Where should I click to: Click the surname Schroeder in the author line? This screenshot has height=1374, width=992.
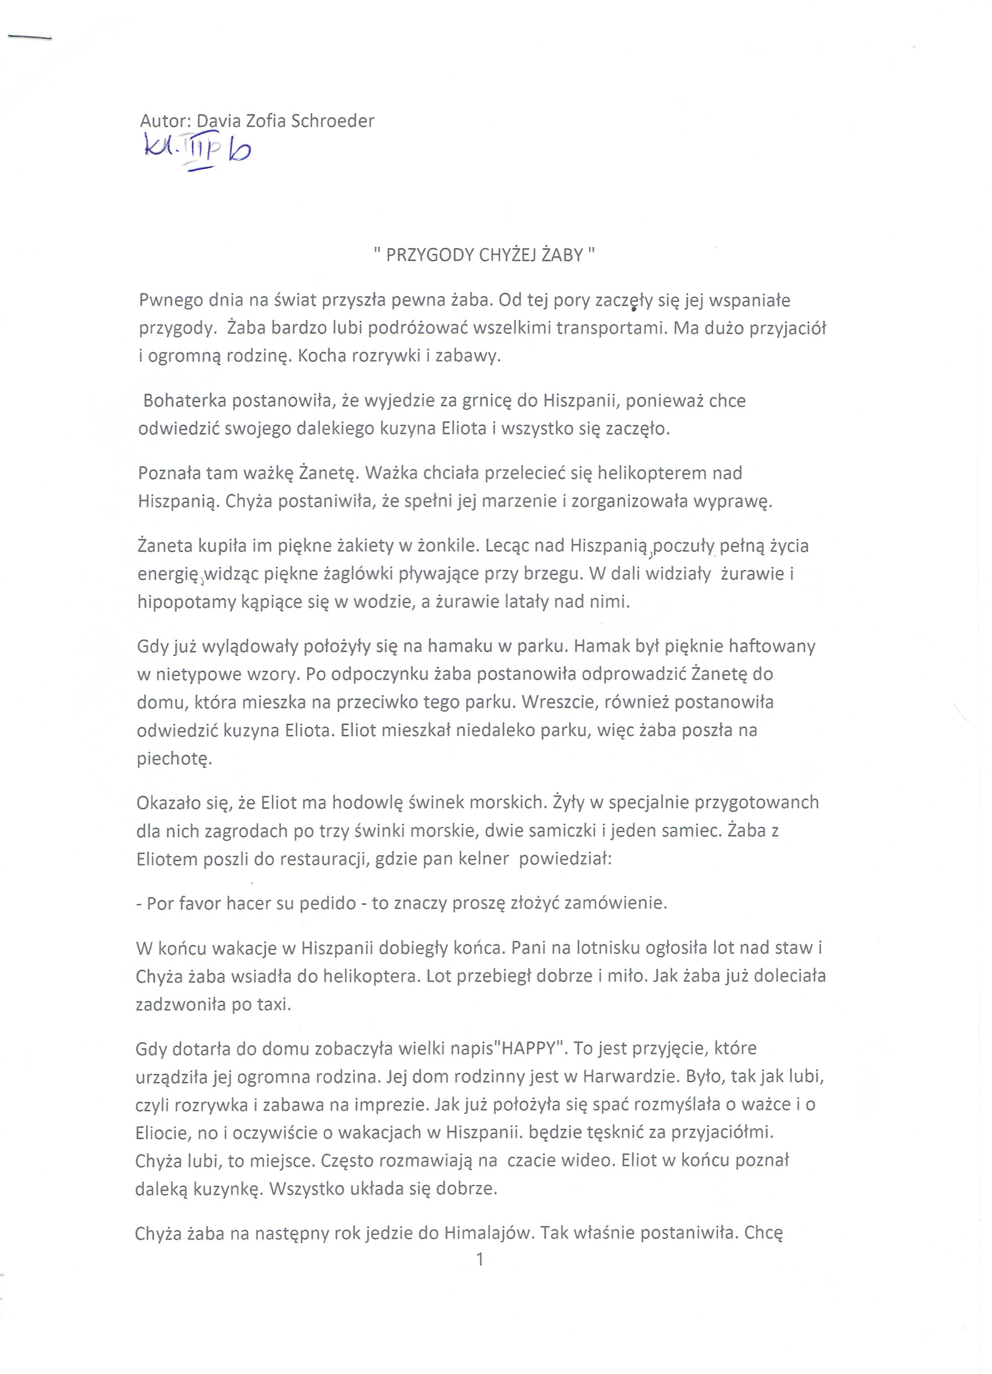[x=332, y=121]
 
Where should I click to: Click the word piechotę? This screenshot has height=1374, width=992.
[x=174, y=758]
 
